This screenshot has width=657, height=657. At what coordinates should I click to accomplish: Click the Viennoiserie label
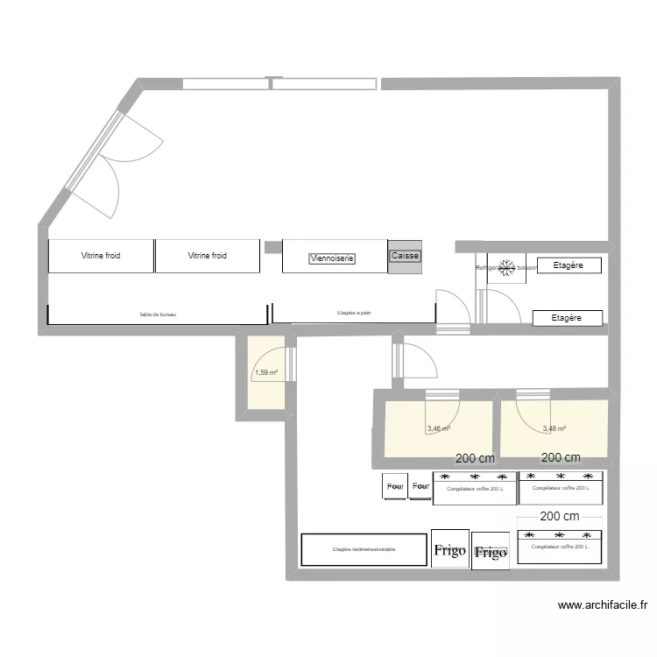332,258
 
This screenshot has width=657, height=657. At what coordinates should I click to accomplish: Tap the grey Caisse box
405,256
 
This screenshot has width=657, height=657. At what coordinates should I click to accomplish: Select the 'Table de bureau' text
158,314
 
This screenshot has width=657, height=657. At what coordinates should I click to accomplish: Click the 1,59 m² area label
265,373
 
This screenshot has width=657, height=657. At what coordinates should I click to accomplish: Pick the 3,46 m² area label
438,429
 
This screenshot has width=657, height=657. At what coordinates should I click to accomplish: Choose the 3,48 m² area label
554,429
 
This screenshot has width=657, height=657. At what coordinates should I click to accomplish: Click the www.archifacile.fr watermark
602,604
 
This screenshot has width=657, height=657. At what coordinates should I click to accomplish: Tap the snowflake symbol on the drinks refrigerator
505,268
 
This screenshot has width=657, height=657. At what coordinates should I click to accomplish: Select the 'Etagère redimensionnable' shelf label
364,549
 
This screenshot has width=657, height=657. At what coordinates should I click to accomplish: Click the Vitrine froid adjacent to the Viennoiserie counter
207,256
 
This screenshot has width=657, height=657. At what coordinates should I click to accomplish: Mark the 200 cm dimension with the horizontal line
560,518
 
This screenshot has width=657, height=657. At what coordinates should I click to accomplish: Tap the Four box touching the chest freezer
421,486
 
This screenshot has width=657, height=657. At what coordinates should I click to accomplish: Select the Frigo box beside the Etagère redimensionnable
449,551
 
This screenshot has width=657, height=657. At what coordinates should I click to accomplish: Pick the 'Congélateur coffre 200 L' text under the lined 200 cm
560,546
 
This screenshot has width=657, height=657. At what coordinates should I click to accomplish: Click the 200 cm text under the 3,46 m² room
475,458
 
